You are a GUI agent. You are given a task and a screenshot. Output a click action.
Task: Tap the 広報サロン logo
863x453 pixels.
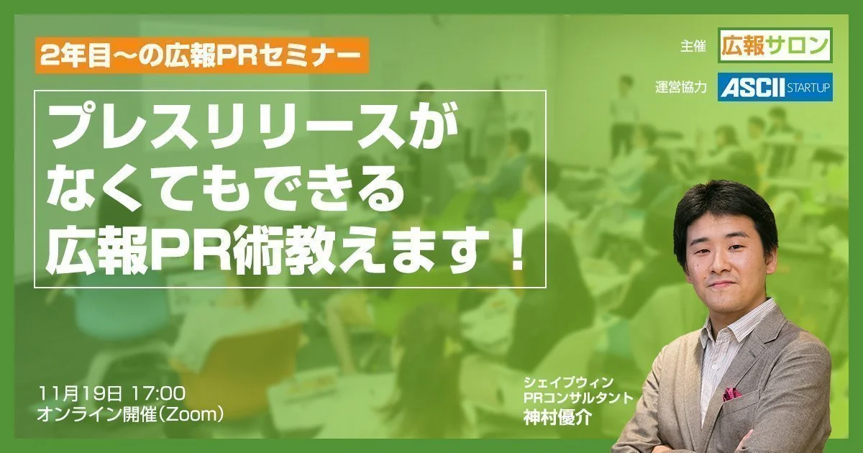click(775, 45)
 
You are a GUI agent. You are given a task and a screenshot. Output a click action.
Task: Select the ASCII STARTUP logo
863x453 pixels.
click(775, 87)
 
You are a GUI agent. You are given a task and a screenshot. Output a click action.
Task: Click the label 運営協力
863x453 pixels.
click(681, 88)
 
